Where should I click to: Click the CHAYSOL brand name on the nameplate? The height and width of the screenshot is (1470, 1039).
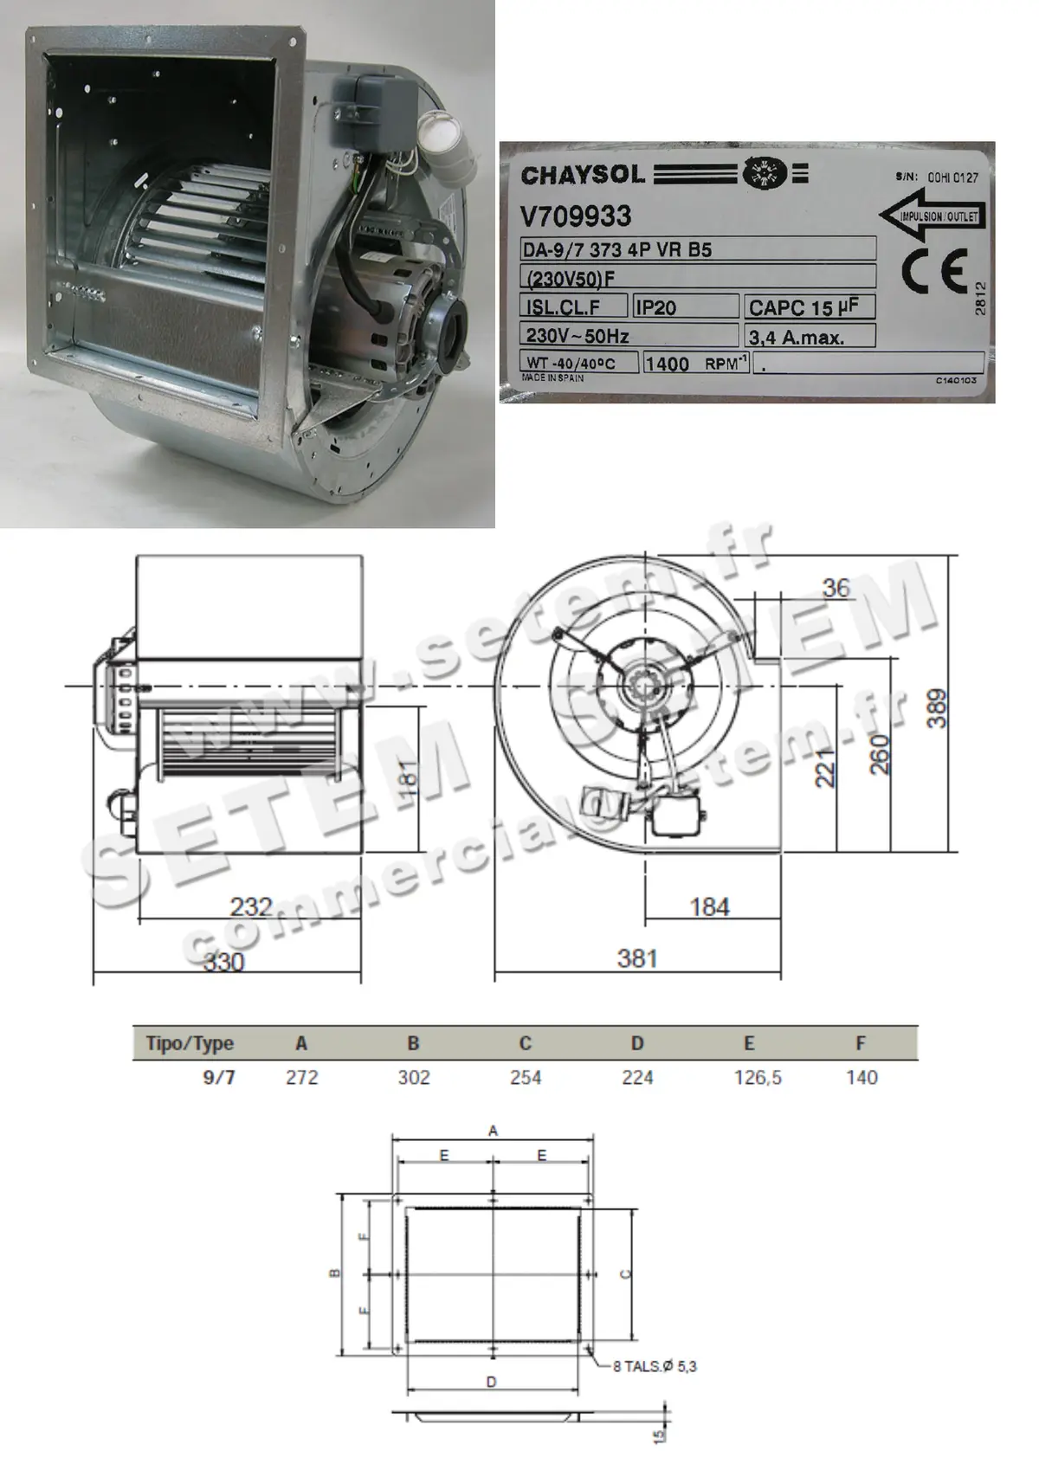[583, 175]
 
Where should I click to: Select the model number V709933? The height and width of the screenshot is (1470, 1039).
[576, 216]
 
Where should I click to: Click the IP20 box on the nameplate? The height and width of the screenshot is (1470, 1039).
[656, 307]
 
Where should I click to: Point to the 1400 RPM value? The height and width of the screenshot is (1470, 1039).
[668, 364]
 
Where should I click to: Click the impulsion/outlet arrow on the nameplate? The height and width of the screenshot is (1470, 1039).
[931, 216]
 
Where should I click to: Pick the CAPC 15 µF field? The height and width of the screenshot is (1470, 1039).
[803, 307]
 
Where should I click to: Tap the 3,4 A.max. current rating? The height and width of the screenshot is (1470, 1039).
[796, 338]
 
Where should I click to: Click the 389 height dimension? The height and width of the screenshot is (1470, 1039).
[938, 709]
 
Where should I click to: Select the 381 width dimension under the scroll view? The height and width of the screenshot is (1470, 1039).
[637, 958]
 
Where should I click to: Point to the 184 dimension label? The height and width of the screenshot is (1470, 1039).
[709, 906]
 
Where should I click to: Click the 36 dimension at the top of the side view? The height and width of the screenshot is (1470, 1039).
[836, 589]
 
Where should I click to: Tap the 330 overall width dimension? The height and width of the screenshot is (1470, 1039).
[223, 962]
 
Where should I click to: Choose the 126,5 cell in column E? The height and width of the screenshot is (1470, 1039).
[758, 1078]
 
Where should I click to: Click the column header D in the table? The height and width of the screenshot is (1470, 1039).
[637, 1043]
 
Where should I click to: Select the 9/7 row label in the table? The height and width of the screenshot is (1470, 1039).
[218, 1078]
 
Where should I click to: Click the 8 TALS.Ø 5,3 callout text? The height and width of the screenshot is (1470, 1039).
[655, 1366]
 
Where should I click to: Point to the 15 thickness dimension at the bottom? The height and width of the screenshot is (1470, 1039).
[660, 1435]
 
